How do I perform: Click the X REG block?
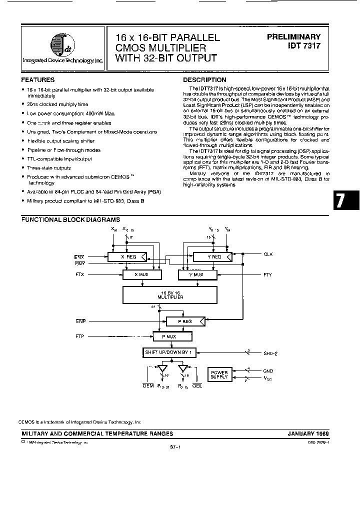point(128,257)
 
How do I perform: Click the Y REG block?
point(213,257)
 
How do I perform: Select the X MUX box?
point(142,275)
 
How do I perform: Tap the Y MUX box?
point(197,275)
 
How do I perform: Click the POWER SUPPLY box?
point(218,374)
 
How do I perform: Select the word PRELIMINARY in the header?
point(294,37)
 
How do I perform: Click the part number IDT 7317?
point(300,46)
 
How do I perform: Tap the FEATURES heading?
point(38,80)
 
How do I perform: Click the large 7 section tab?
point(340,200)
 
